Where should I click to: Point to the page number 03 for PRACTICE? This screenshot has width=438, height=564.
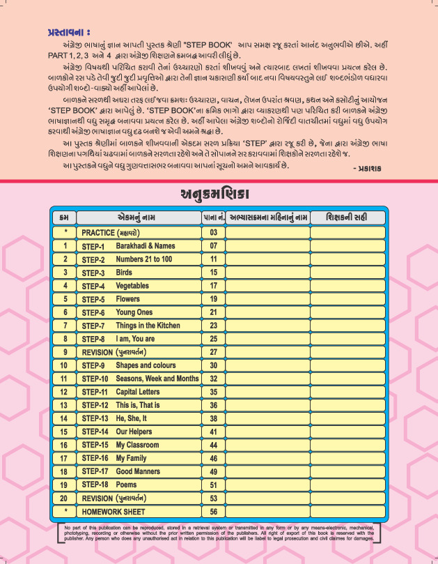point(213,232)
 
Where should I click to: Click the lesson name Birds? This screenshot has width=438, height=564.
point(124,273)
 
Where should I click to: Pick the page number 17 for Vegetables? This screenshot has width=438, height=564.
point(213,286)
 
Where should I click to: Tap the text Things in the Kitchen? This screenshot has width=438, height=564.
point(148,326)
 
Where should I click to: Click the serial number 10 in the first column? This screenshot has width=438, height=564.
point(64,365)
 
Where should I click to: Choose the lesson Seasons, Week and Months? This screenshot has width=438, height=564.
point(157,379)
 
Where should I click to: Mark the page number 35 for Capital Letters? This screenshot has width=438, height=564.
point(213,392)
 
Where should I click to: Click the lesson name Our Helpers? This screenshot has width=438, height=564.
point(136,432)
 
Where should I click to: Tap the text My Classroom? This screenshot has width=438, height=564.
point(137,445)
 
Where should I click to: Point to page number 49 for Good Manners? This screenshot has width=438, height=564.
point(213,471)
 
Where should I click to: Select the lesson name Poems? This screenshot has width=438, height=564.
point(127,485)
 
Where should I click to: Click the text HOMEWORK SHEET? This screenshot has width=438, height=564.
point(112,511)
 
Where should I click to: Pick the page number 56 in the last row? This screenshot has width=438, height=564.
point(213,511)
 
